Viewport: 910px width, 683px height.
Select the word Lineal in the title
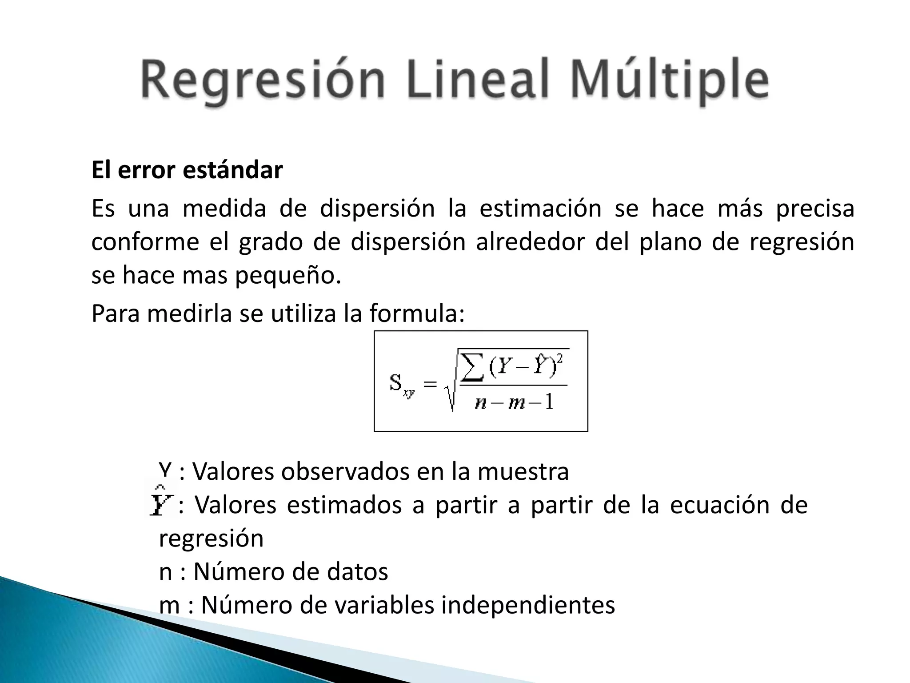pyautogui.click(x=475, y=80)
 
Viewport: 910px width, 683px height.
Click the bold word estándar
pyautogui.click(x=233, y=170)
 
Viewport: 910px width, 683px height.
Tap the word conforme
pyautogui.click(x=145, y=242)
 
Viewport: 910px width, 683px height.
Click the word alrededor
pyautogui.click(x=530, y=242)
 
